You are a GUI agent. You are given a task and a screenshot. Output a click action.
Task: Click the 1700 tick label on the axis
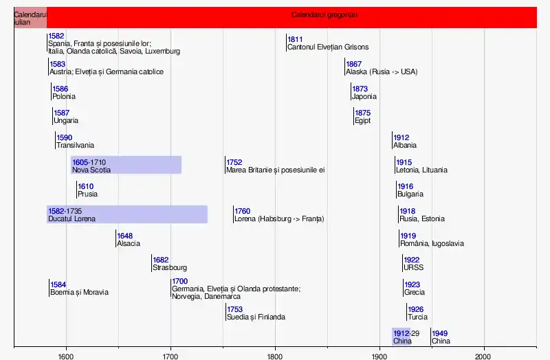pos(170,355)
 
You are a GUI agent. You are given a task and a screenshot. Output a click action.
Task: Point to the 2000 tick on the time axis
pos(483,355)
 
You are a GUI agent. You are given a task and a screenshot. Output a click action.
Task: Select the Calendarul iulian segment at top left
pos(30,17)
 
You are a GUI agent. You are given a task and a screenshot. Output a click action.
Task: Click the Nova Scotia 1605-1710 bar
pos(126,165)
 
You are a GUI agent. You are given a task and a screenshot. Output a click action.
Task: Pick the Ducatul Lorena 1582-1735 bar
pos(127,214)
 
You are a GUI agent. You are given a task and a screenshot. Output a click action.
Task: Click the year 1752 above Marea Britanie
pos(234,162)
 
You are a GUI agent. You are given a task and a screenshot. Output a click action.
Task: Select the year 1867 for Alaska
pos(354,64)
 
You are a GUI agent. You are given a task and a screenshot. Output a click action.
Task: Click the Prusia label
pos(87,194)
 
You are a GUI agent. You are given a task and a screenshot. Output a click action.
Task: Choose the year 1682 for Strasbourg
pos(161,260)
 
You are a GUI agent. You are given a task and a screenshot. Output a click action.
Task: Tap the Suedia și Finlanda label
pos(256,317)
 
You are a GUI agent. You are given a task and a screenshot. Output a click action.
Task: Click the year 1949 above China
pos(440,333)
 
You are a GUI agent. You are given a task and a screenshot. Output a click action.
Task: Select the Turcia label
pos(417,317)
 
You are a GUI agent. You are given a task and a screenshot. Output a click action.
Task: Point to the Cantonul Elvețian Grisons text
pos(328,47)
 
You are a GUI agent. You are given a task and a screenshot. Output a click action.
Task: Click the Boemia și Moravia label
pos(78,293)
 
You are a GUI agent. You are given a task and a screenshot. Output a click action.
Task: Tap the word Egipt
pos(362,121)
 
